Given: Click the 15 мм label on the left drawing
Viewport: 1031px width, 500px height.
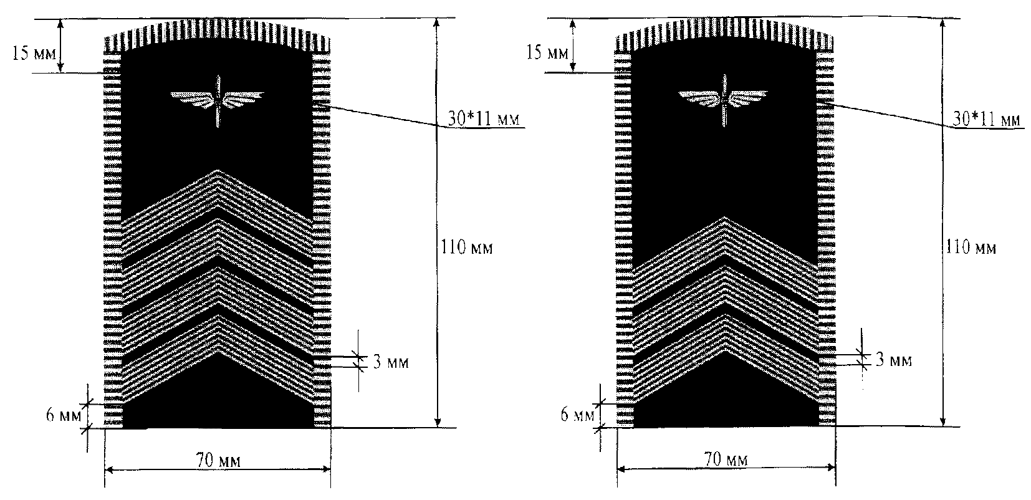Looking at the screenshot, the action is pyautogui.click(x=34, y=54).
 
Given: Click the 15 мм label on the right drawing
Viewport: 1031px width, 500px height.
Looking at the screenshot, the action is pyautogui.click(x=547, y=52).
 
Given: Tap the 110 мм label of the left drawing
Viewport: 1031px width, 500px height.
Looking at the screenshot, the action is pyautogui.click(x=467, y=248).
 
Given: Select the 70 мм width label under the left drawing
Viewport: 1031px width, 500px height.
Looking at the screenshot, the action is pyautogui.click(x=218, y=460).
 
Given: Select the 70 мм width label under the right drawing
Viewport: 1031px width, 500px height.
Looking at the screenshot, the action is pyautogui.click(x=726, y=459).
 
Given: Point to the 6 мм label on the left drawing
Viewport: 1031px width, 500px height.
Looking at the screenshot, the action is pyautogui.click(x=64, y=415).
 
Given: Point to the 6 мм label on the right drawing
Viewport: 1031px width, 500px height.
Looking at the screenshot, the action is pyautogui.click(x=578, y=415).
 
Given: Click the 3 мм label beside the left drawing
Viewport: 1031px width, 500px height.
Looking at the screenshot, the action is pyautogui.click(x=391, y=362).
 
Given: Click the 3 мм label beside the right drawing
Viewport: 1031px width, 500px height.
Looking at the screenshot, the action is pyautogui.click(x=893, y=360).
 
